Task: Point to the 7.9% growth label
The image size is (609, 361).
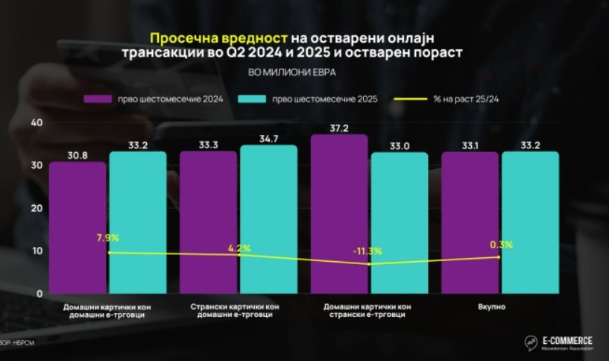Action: point(108,238)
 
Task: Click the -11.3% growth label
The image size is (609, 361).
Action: point(367,251)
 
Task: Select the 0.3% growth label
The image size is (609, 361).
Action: point(499,245)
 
